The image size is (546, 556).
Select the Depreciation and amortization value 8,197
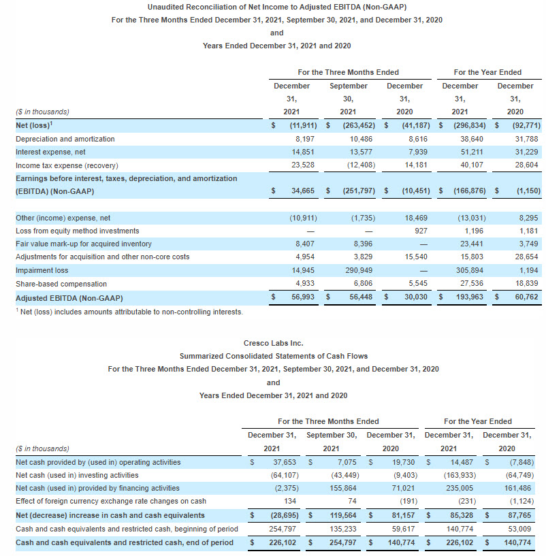point(306,139)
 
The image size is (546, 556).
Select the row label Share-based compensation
point(61,284)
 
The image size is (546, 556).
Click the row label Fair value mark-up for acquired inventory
point(83,244)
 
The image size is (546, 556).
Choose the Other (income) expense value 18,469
point(417,218)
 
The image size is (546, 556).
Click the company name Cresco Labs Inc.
point(273,343)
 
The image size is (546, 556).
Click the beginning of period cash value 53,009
point(519,529)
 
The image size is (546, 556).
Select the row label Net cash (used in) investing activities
point(77,475)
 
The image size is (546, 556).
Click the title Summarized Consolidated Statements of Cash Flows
point(273,356)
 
